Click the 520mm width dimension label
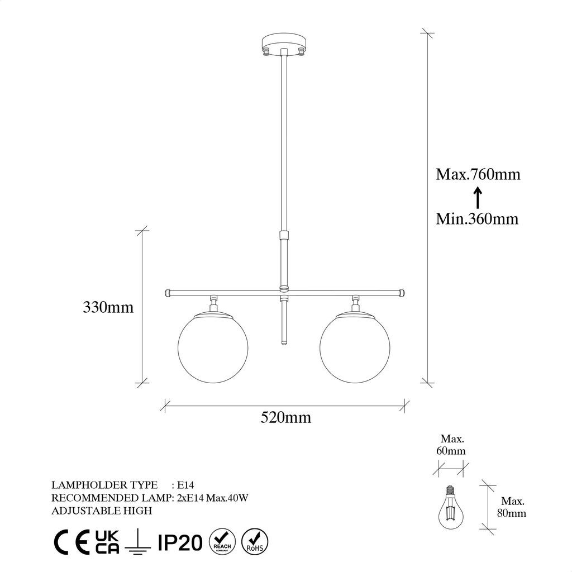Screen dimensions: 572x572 pyautogui.click(x=285, y=417)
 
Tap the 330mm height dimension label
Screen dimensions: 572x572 pyautogui.click(x=108, y=307)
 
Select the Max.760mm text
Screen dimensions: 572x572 pyautogui.click(x=478, y=174)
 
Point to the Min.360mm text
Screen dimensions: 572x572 pyautogui.click(x=477, y=218)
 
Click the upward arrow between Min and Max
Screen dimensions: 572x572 pyautogui.click(x=478, y=197)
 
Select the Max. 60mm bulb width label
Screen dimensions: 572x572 pyautogui.click(x=451, y=445)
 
